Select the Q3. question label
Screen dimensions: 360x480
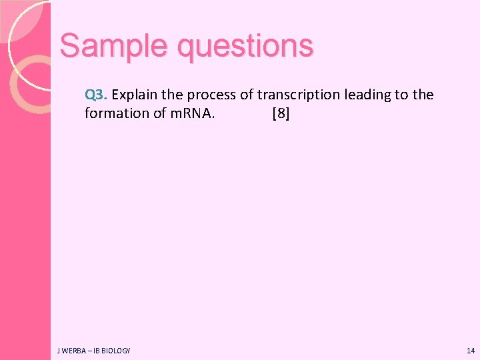coord(97,95)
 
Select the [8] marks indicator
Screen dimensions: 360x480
coord(281,113)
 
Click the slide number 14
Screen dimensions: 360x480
coord(471,351)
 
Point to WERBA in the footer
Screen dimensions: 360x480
coord(71,351)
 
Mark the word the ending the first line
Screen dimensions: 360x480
coord(423,95)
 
